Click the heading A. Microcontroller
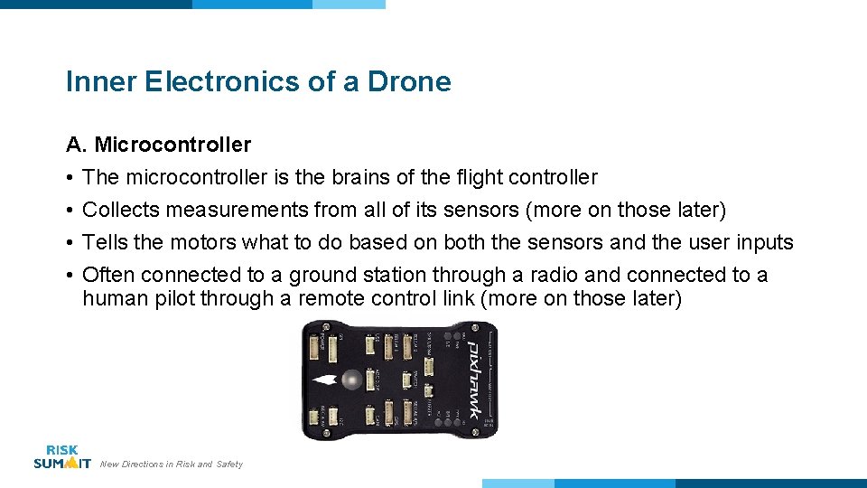(x=158, y=145)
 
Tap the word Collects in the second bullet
(x=120, y=211)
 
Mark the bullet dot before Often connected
(x=70, y=276)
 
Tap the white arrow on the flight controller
(x=327, y=380)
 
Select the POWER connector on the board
(x=316, y=347)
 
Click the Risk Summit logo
(x=61, y=456)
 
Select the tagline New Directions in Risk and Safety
(x=172, y=465)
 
